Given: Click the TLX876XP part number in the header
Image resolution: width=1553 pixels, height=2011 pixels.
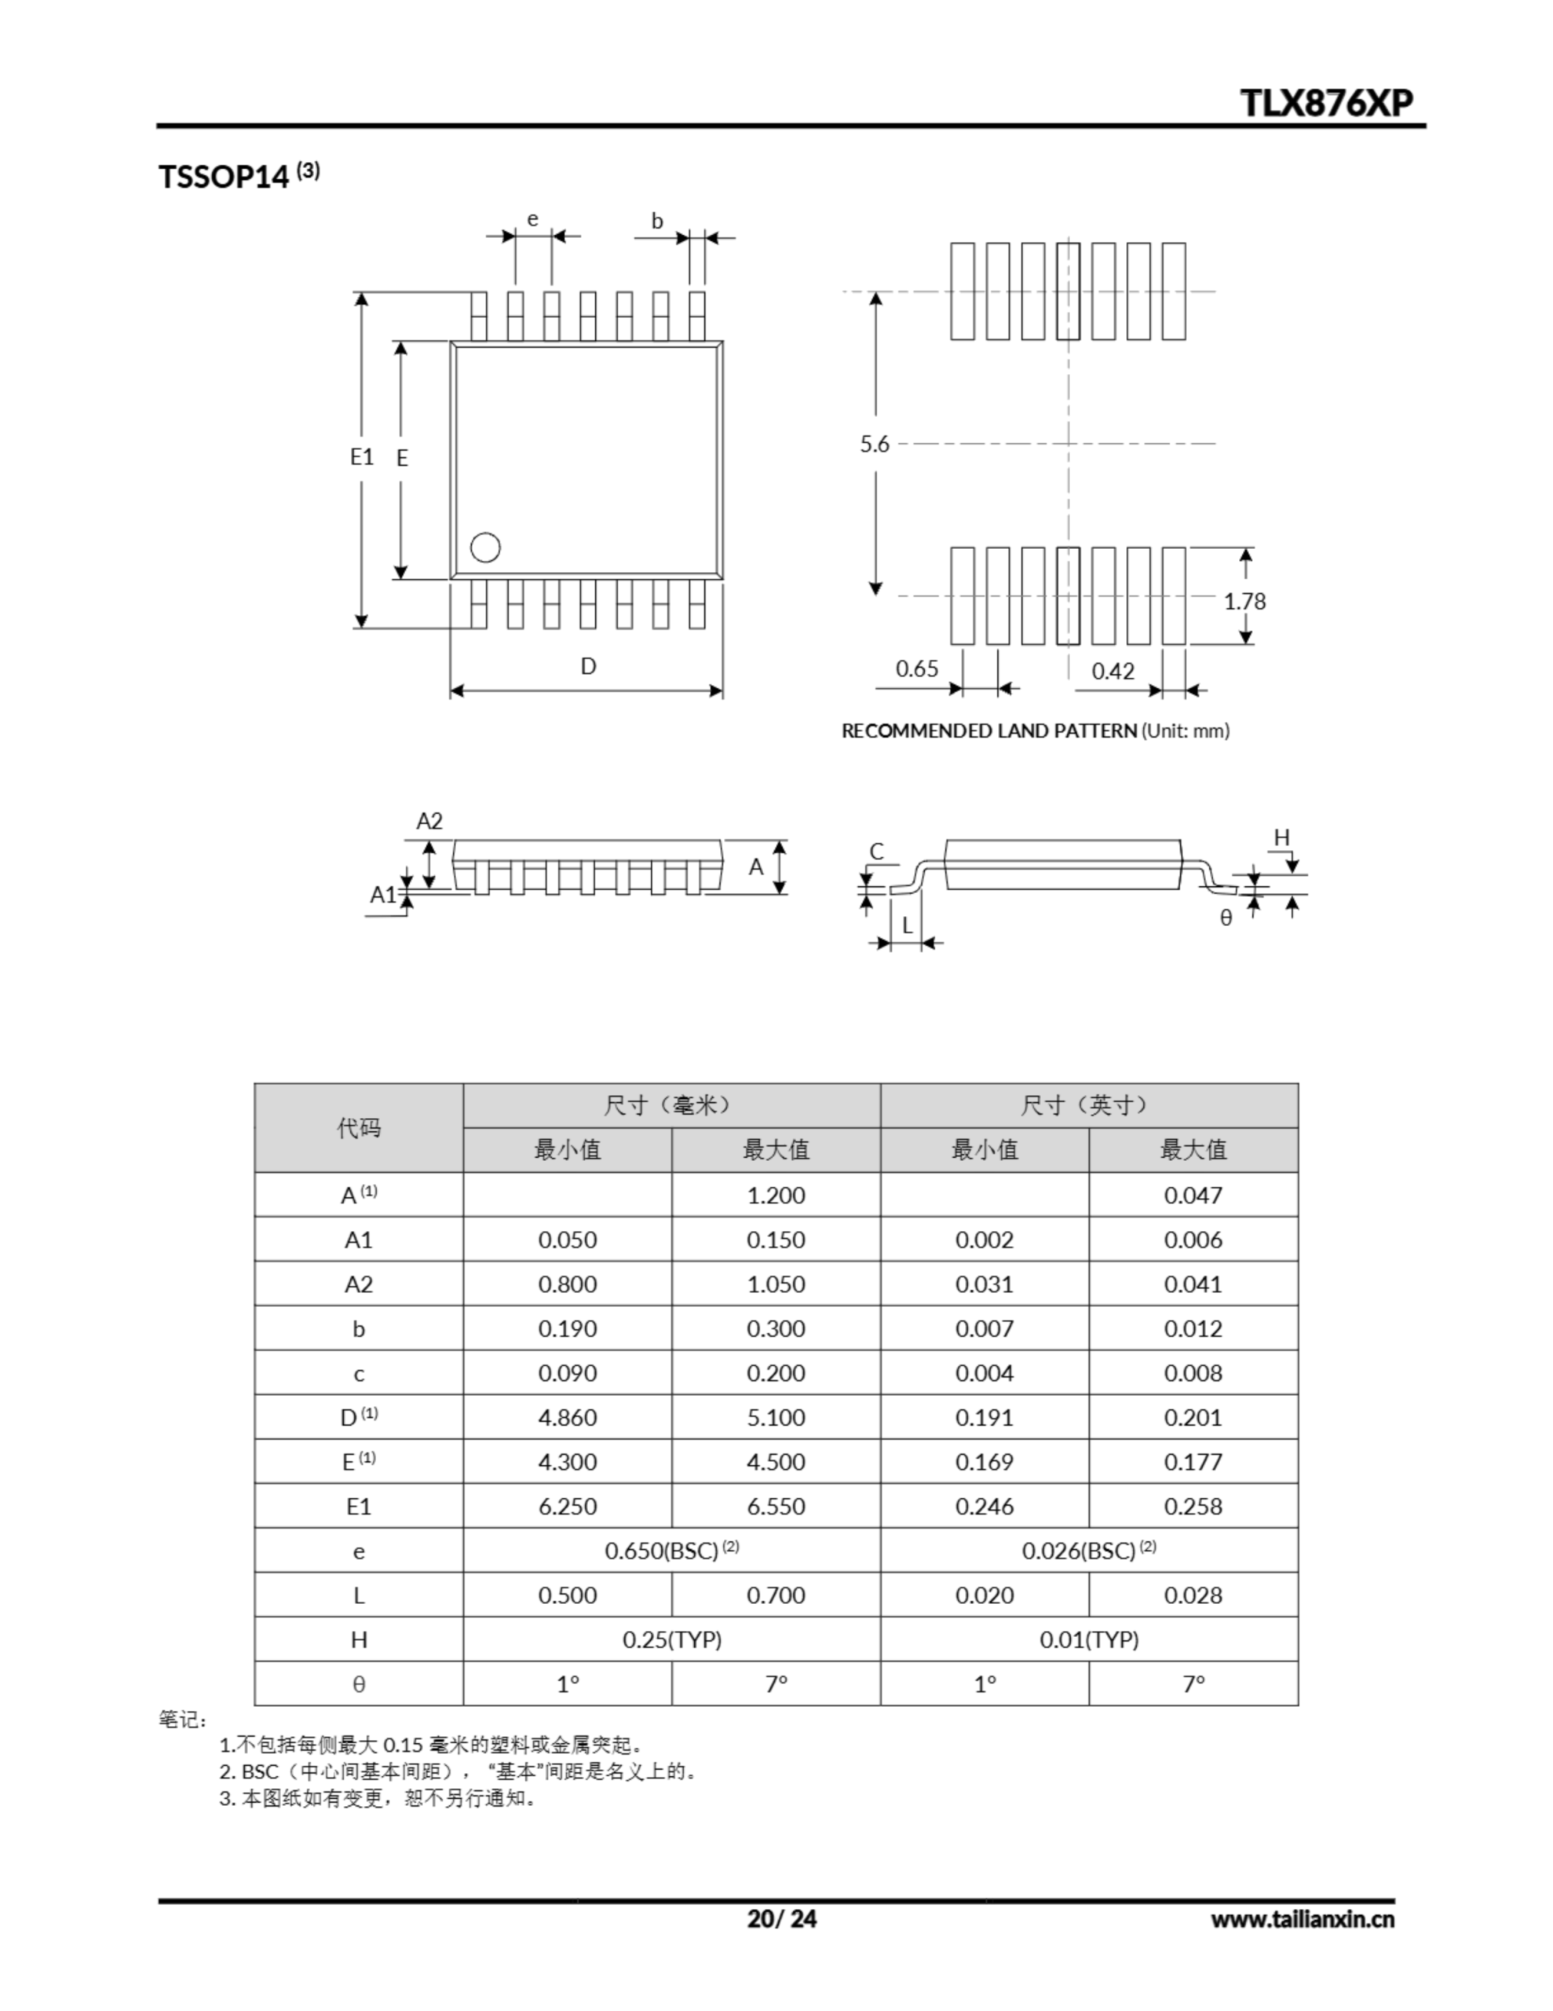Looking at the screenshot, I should click(1327, 103).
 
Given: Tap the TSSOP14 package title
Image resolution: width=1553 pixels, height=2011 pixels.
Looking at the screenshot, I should click(224, 176).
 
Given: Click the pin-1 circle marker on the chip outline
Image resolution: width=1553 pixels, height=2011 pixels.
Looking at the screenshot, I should click(485, 548).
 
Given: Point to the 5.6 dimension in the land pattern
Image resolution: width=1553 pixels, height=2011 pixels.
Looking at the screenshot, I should click(875, 445).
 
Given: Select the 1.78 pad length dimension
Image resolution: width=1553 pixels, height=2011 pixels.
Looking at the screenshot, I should click(1244, 601).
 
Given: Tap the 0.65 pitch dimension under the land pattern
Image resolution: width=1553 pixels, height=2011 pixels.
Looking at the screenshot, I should click(917, 669).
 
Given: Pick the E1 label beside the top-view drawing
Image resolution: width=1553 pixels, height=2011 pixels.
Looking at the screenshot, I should click(362, 456).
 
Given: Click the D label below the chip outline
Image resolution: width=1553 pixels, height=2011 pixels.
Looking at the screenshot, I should click(588, 665).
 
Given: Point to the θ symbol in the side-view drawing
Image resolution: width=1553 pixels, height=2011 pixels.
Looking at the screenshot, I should click(1226, 918).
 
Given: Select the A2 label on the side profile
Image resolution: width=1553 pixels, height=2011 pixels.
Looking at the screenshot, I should click(430, 820).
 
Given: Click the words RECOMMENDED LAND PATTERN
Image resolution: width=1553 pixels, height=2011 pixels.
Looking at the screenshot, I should click(988, 731).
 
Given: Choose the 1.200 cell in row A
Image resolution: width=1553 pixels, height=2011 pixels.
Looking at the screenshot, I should click(776, 1195).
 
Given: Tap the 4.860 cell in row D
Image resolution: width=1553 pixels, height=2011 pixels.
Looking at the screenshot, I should click(567, 1417).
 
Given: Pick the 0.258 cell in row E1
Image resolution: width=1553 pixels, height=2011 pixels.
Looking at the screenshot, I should click(1193, 1507).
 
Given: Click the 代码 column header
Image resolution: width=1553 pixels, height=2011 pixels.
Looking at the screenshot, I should click(358, 1128).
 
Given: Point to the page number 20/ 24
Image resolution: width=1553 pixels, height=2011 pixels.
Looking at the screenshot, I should click(781, 1918).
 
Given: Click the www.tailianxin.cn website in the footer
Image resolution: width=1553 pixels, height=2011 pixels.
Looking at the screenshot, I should click(1302, 1919).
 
